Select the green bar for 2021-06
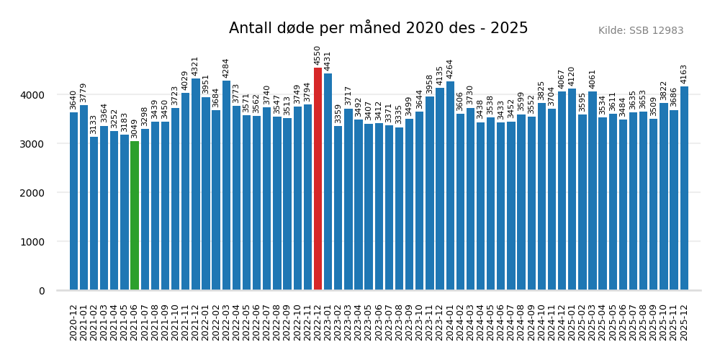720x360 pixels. coord(135,216)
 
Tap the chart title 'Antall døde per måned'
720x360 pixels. coord(378,28)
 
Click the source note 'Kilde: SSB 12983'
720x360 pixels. coord(641,31)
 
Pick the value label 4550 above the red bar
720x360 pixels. coord(318,55)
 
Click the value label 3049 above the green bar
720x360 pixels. coord(135,129)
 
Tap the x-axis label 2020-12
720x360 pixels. coord(74,322)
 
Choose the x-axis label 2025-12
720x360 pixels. coord(684,322)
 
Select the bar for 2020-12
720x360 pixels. coord(74,202)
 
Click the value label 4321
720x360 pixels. coord(196,66)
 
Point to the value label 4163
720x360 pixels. coord(684,74)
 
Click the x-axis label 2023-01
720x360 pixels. coord(328,322)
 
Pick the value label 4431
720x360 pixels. coord(328,61)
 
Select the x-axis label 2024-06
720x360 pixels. coord(501,322)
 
